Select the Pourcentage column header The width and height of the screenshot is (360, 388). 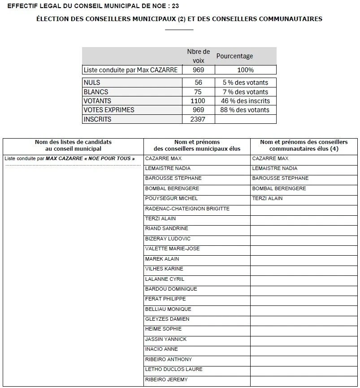click(234, 56)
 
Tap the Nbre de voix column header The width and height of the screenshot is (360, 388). click(198, 56)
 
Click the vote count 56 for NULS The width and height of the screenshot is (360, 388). click(198, 83)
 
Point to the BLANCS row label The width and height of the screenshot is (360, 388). click(96, 92)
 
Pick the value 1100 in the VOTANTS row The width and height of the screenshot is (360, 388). click(198, 101)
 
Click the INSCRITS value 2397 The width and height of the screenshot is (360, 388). click(198, 119)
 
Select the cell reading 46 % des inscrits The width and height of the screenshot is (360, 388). click(246, 101)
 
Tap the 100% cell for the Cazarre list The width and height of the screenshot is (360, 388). click(246, 70)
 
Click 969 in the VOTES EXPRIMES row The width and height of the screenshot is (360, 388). click(198, 110)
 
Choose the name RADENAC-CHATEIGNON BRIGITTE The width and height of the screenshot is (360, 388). click(187, 209)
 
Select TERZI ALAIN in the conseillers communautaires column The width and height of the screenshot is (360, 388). click(267, 198)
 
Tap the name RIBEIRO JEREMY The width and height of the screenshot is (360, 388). click(166, 379)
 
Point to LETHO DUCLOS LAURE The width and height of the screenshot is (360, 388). click(173, 369)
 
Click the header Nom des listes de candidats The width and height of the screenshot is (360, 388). click(73, 142)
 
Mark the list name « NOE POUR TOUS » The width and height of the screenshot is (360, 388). click(110, 158)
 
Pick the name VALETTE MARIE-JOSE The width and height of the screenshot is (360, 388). click(172, 248)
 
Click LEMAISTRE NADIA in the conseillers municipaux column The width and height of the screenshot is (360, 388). click(168, 168)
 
